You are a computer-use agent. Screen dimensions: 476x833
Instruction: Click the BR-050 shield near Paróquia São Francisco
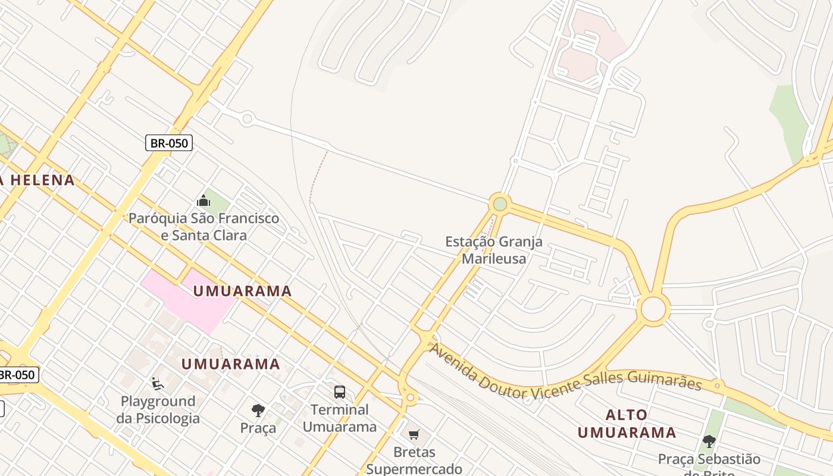[x=169, y=143]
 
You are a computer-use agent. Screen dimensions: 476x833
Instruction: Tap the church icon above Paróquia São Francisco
[x=203, y=201]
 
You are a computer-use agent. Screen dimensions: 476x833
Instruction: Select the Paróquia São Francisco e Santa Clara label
[x=204, y=227]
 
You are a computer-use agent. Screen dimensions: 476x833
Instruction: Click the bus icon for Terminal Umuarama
[x=340, y=392]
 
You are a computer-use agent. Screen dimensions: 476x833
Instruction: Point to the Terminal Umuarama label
[x=340, y=418]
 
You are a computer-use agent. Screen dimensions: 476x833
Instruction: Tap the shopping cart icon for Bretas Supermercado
[x=414, y=434]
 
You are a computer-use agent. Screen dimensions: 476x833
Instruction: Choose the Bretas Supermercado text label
[x=414, y=461]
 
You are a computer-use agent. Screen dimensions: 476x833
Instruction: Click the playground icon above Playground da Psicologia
[x=158, y=384]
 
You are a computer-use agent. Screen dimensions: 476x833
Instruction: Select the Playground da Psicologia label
[x=158, y=409]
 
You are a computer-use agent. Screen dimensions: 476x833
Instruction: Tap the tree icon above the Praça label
[x=258, y=410]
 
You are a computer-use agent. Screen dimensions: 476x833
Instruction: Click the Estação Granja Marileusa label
[x=494, y=250]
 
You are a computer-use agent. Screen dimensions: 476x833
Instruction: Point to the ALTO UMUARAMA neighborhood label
[x=627, y=424]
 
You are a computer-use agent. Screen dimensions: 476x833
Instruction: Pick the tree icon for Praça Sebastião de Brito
[x=709, y=441]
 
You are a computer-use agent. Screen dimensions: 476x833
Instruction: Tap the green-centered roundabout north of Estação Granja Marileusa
[x=500, y=204]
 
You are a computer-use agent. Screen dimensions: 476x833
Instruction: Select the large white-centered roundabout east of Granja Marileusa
[x=653, y=309]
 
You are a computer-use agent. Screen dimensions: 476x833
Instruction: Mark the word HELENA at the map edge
[x=42, y=180]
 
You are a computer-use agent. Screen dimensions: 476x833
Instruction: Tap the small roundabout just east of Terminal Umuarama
[x=410, y=397]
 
